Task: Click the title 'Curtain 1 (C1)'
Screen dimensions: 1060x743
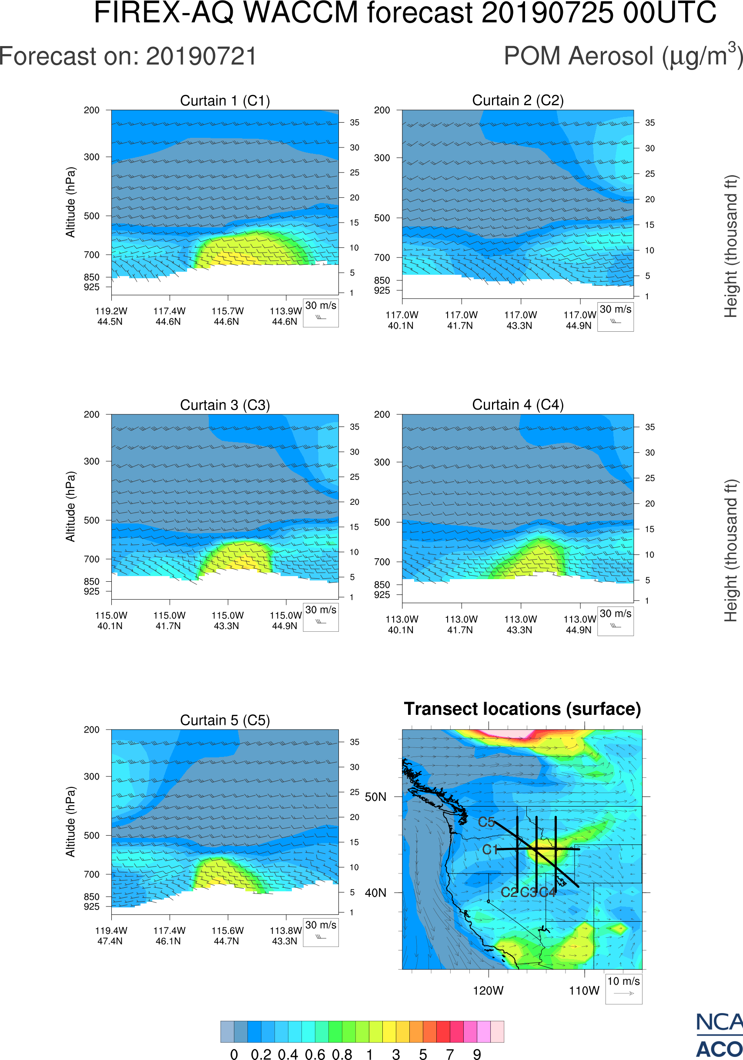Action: pyautogui.click(x=225, y=100)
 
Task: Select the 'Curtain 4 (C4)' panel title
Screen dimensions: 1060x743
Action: pyautogui.click(x=518, y=405)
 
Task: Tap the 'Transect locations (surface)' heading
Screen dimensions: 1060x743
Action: pyautogui.click(x=522, y=709)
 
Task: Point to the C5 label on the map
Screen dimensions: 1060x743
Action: pyautogui.click(x=486, y=822)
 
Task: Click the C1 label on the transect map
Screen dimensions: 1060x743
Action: pyautogui.click(x=489, y=850)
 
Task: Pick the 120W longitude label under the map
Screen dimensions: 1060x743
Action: pyautogui.click(x=488, y=991)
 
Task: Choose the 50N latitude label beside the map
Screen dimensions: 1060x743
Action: pyautogui.click(x=375, y=797)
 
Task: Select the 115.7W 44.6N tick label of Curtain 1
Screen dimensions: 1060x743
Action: pyautogui.click(x=227, y=316)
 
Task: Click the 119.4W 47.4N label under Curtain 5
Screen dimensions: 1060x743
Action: pyautogui.click(x=110, y=936)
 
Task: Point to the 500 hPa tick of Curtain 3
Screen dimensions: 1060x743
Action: pyautogui.click(x=91, y=520)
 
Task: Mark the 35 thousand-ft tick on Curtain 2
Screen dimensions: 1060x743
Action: pyautogui.click(x=650, y=123)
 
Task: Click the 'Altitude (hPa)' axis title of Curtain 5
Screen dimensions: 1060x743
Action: pyautogui.click(x=70, y=822)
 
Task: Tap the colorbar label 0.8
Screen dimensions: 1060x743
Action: pyautogui.click(x=342, y=1054)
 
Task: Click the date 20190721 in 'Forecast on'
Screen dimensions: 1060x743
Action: pyautogui.click(x=201, y=57)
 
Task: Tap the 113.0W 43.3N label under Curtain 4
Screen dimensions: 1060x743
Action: pyautogui.click(x=520, y=625)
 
